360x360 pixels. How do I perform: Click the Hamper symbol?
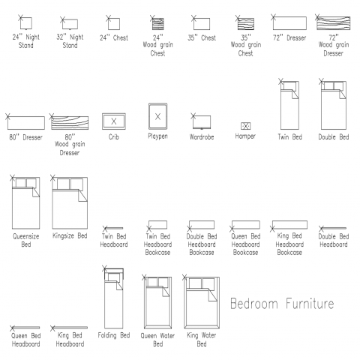pyautogui.click(x=245, y=126)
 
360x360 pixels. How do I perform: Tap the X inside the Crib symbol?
pyautogui.click(x=114, y=121)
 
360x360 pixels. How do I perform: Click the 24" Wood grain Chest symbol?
pyautogui.click(x=157, y=23)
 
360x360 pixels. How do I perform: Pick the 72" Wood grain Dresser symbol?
pyautogui.click(x=333, y=23)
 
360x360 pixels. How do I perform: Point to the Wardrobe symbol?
pyautogui.click(x=202, y=122)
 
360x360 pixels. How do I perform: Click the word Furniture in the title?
pyautogui.click(x=310, y=304)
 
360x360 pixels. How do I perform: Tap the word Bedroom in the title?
pyautogui.click(x=253, y=304)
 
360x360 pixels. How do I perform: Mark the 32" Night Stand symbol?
pyautogui.click(x=70, y=24)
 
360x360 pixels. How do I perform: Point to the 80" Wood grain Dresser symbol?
pyautogui.click(x=70, y=123)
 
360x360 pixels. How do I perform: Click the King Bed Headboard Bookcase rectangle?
pyautogui.click(x=289, y=225)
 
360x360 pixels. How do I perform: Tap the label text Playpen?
pyautogui.click(x=157, y=136)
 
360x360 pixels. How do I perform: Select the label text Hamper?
pyautogui.click(x=245, y=136)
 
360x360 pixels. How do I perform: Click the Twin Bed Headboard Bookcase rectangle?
pyautogui.click(x=157, y=225)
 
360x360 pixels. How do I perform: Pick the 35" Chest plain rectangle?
pyautogui.click(x=202, y=24)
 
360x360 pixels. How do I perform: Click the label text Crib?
pyautogui.click(x=114, y=137)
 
